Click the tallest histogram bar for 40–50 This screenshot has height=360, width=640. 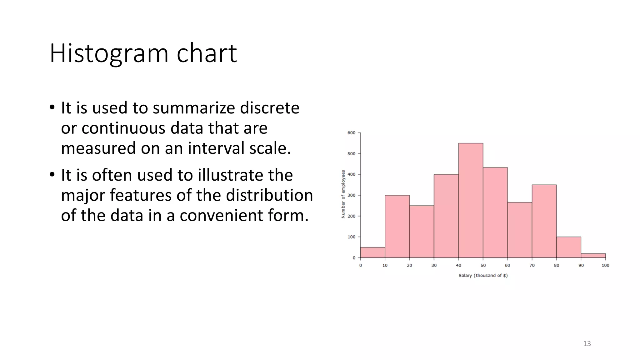471,200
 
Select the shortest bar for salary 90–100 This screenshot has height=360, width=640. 593,256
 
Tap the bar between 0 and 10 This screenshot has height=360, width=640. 372,252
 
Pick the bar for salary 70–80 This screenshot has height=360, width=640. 544,221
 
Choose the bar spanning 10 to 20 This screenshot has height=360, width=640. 397,227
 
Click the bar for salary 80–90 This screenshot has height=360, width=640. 569,247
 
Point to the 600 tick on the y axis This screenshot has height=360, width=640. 352,133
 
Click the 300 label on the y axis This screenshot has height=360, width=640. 352,195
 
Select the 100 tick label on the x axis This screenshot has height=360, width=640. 605,265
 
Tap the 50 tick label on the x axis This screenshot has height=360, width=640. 483,265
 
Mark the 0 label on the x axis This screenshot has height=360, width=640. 361,265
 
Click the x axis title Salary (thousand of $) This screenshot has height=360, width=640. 483,275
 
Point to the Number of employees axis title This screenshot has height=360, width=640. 343,194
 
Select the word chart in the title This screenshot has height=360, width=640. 207,54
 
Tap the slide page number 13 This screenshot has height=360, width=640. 587,344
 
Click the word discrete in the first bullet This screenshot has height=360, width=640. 270,108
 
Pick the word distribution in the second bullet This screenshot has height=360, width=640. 269,195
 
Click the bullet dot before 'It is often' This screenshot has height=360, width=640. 52,175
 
